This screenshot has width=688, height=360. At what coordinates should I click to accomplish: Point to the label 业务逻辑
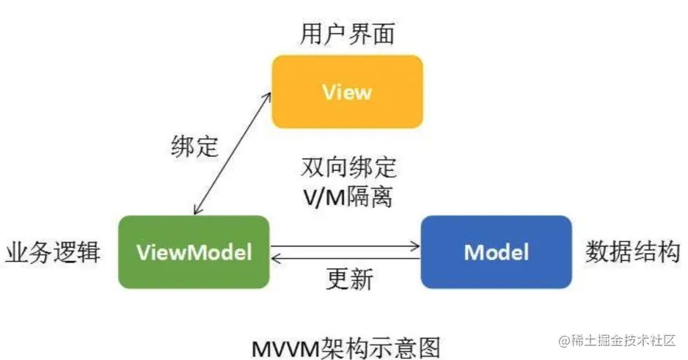point(53,252)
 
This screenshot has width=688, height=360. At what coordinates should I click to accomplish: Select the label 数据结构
point(632,252)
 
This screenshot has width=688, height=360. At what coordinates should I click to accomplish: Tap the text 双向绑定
point(348,168)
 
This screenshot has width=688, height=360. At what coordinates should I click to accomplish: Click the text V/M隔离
point(347,196)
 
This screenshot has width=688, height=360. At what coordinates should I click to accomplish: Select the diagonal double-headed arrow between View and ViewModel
point(232,154)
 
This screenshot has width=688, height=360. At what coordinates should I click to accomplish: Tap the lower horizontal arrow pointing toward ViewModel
point(345,259)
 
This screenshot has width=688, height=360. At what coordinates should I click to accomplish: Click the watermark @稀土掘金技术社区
point(621,340)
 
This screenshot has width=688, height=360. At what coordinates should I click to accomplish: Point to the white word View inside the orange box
point(347,92)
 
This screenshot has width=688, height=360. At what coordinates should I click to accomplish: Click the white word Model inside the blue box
point(496,251)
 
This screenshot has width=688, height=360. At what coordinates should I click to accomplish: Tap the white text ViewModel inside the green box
point(194,252)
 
